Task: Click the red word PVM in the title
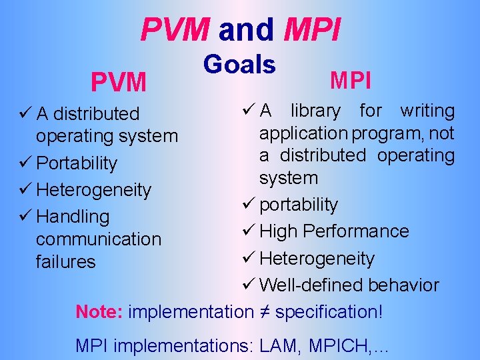(175, 29)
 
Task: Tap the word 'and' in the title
(246, 29)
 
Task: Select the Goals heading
(239, 65)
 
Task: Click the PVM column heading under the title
(119, 83)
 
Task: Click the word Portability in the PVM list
(77, 163)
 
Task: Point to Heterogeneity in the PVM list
(94, 190)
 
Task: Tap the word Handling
(73, 217)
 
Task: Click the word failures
(66, 262)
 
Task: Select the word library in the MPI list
(315, 111)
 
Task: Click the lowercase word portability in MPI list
(298, 205)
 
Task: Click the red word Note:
(99, 311)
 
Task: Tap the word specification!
(329, 311)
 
